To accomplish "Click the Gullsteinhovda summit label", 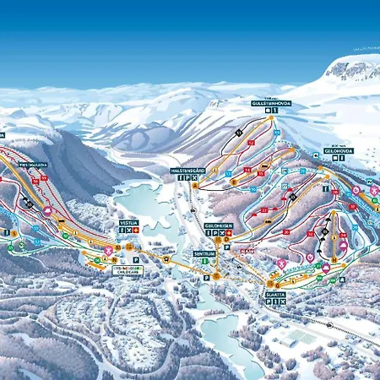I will coord(270,103).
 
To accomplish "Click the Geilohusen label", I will coord(217,226).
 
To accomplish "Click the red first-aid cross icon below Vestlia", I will coord(134,230).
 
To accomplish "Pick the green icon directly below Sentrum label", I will coord(204,262).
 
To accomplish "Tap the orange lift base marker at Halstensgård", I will coord(193,187).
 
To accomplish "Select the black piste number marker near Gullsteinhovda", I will coord(239,133).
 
